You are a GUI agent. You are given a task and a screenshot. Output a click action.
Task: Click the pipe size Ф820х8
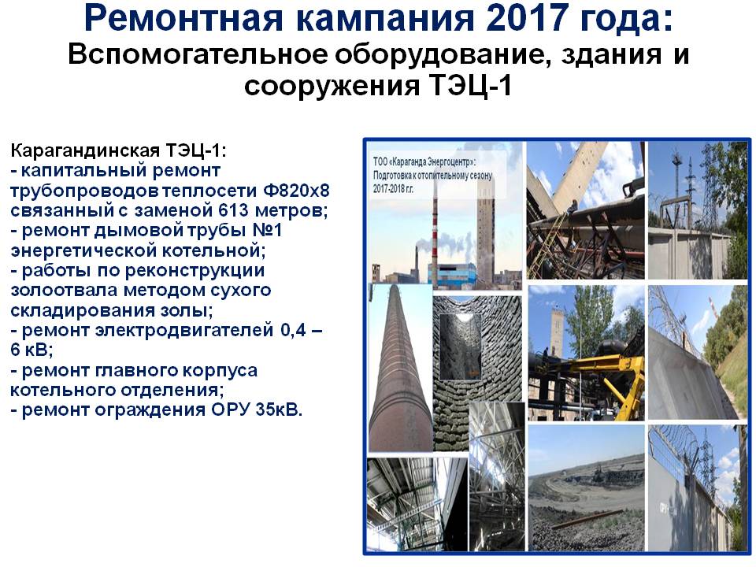point(296,191)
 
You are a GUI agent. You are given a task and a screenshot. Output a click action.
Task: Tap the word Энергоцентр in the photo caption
point(448,161)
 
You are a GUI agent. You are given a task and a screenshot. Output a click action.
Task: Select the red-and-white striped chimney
point(435,236)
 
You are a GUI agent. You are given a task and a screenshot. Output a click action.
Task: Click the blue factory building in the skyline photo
point(451,274)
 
